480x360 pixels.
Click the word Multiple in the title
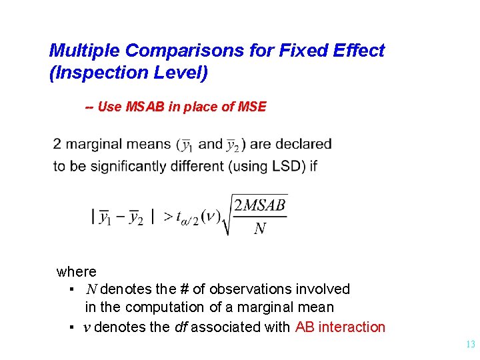coord(84,51)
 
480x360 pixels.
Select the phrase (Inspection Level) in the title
coord(129,73)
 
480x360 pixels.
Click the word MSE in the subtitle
coord(253,107)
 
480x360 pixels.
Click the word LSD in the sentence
coord(287,166)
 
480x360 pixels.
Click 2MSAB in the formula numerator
coord(259,205)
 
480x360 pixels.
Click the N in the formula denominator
coord(260,229)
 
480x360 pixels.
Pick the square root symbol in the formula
coord(228,215)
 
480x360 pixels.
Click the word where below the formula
coord(77,272)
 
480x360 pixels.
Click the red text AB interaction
coord(340,327)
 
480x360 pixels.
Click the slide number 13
coord(470,345)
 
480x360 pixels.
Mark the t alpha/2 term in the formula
coord(188,219)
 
